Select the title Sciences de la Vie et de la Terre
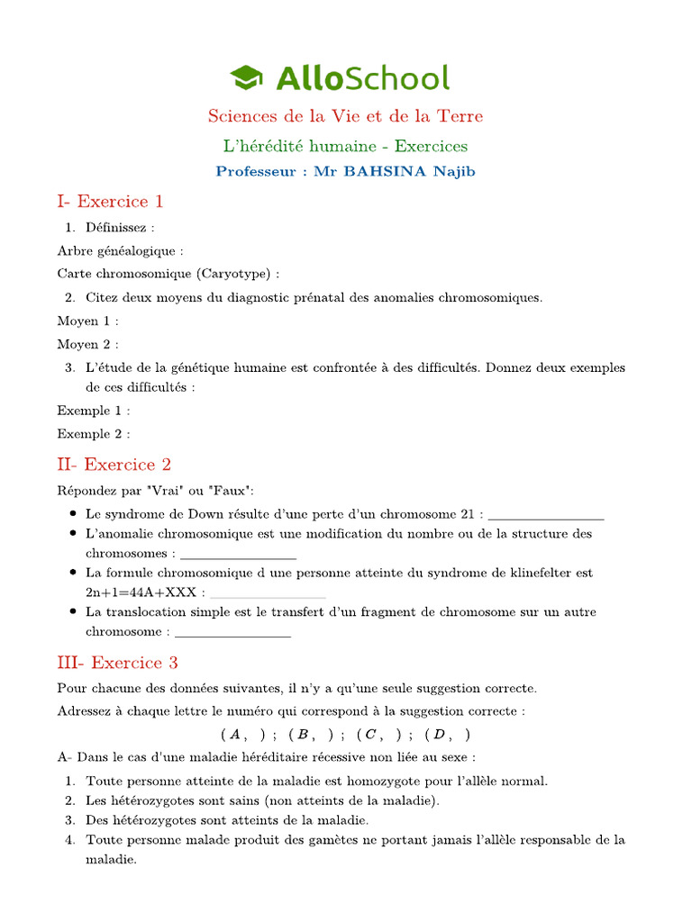coord(345,116)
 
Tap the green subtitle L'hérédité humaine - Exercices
coord(345,146)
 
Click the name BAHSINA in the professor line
coord(392,171)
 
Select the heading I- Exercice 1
coord(110,202)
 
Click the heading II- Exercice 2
coord(114,465)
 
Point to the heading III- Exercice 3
coord(117,663)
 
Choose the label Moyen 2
coord(87,344)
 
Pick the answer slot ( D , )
coord(448,734)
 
